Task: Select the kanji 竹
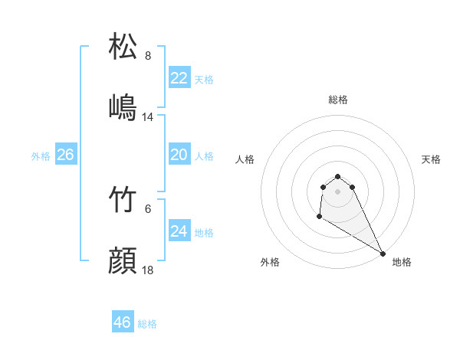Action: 123,201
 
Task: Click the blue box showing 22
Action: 179,78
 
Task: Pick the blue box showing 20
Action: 179,155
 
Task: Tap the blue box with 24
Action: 179,231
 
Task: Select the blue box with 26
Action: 65,155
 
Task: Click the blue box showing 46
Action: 123,322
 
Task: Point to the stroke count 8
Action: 148,56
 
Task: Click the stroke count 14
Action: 149,117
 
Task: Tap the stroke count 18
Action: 149,271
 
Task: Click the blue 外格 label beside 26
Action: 41,155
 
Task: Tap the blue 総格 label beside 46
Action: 147,324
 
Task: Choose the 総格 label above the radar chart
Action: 338,100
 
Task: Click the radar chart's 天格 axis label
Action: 432,159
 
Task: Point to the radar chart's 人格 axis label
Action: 245,159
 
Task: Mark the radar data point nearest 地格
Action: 383,254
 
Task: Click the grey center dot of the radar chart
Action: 338,191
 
